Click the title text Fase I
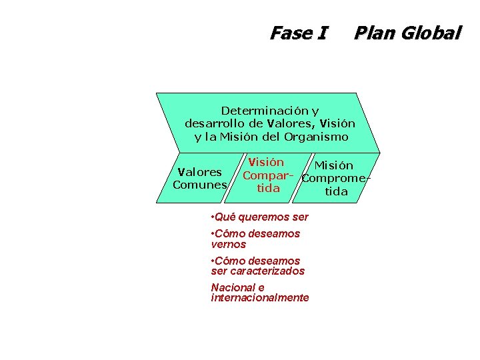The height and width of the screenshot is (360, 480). click(x=298, y=33)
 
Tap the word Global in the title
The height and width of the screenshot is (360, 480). click(x=431, y=33)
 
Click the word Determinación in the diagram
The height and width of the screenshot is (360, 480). click(x=262, y=110)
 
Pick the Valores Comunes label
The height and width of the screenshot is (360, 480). click(x=199, y=179)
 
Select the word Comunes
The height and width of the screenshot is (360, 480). click(x=199, y=185)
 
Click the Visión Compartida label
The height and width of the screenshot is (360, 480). click(x=267, y=175)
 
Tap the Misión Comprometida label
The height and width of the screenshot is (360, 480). click(x=335, y=179)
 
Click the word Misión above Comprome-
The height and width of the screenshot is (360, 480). click(x=334, y=165)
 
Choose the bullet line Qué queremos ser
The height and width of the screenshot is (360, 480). click(x=259, y=217)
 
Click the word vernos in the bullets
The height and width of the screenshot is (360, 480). click(x=228, y=245)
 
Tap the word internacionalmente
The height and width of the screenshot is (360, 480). click(x=259, y=298)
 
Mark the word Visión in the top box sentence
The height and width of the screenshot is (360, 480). click(x=337, y=123)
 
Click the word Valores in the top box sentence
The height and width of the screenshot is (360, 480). click(x=291, y=123)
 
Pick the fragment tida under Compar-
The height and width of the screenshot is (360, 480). click(x=267, y=188)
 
